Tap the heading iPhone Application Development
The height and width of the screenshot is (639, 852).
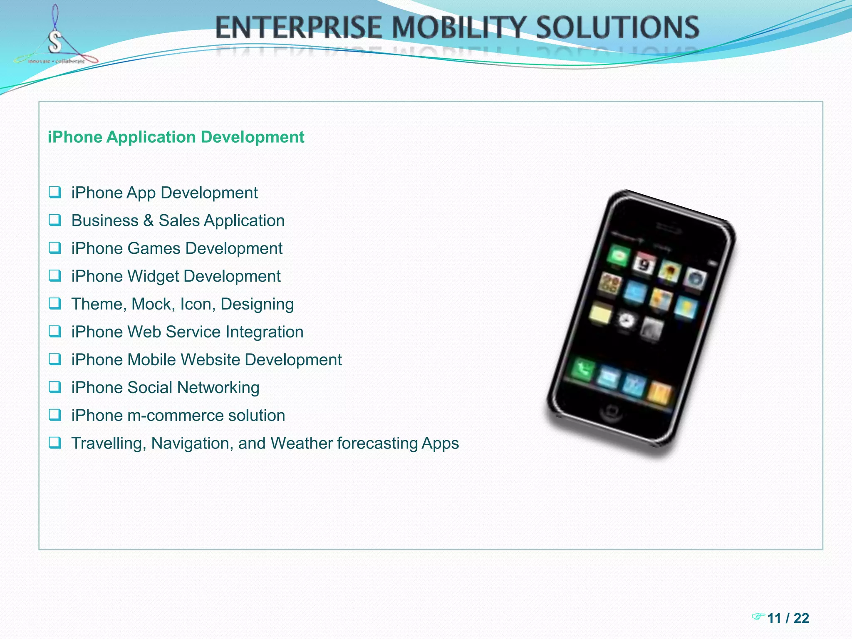pyautogui.click(x=176, y=137)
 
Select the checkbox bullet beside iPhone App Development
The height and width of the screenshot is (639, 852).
pyautogui.click(x=55, y=192)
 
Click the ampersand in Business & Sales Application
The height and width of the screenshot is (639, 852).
pyautogui.click(x=149, y=221)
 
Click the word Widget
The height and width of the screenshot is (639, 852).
pyautogui.click(x=153, y=277)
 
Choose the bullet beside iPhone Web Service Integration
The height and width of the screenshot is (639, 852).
pyautogui.click(x=55, y=332)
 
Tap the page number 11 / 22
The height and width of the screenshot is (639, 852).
pyautogui.click(x=788, y=618)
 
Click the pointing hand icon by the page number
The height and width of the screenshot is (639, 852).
pyautogui.click(x=758, y=616)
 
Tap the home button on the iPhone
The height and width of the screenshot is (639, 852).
pyautogui.click(x=611, y=412)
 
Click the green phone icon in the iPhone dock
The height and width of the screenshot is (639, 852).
pyautogui.click(x=582, y=369)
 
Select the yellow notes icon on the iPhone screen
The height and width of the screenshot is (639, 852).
pyautogui.click(x=599, y=313)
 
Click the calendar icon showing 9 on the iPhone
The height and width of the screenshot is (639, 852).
pyautogui.click(x=644, y=264)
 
